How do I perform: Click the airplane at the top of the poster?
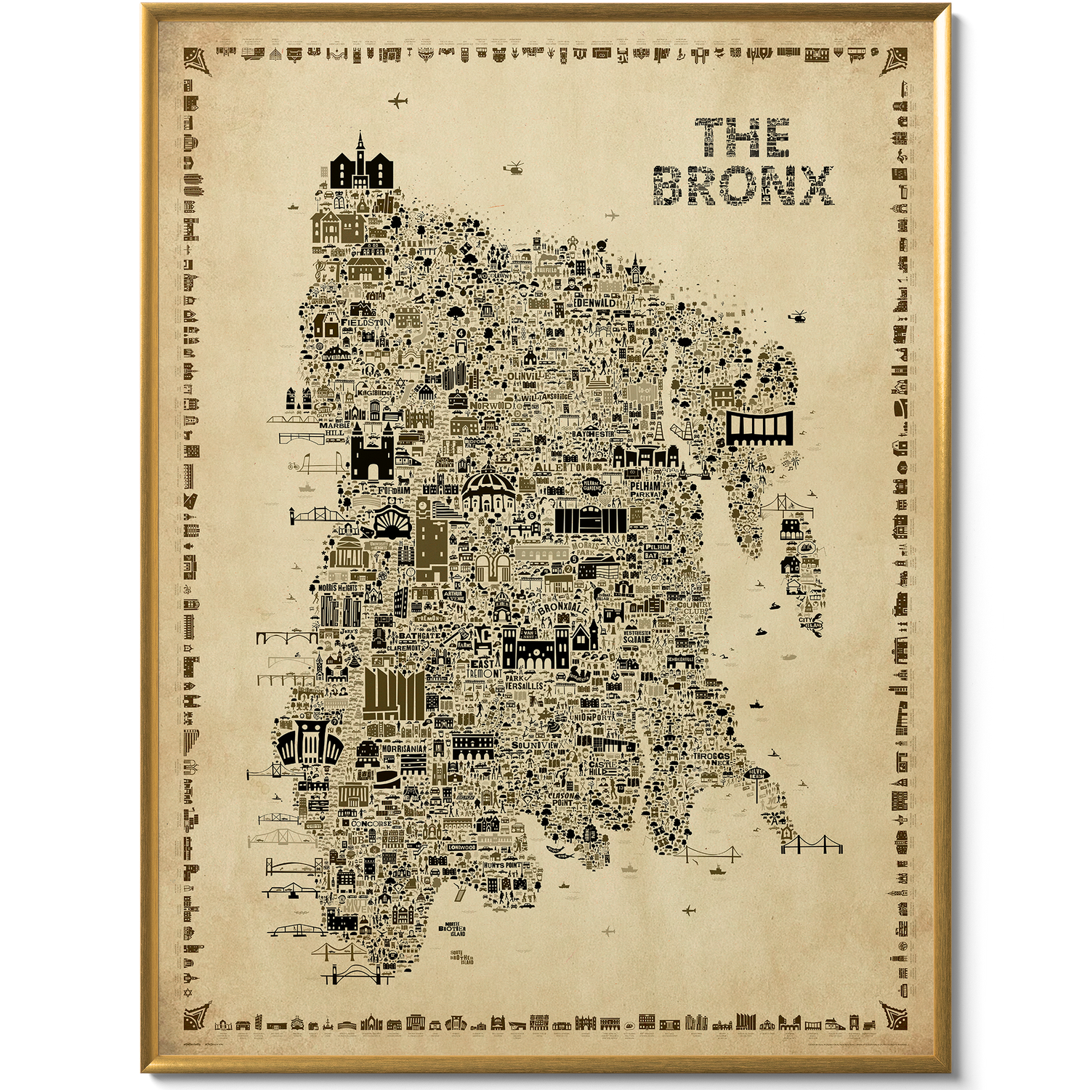(x=398, y=100)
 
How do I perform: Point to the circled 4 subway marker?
(x=461, y=332)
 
